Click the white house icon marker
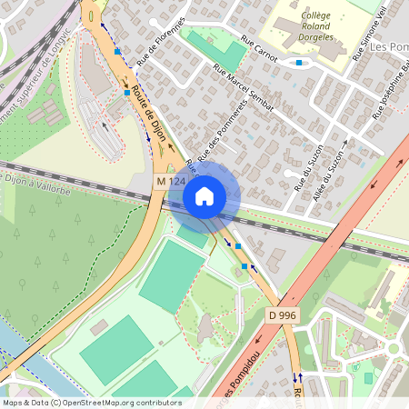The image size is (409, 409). tap(204, 195)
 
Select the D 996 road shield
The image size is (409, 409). tap(284, 314)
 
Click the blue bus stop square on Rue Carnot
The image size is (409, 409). tap(299, 63)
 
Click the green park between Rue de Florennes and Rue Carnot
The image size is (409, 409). tap(217, 49)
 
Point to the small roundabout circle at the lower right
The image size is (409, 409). tap(394, 349)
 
